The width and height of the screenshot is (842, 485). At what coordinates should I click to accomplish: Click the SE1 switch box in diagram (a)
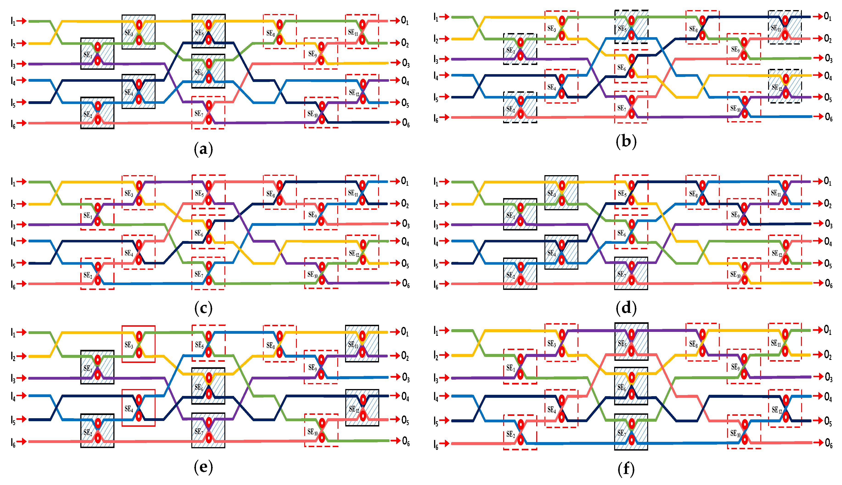tap(97, 54)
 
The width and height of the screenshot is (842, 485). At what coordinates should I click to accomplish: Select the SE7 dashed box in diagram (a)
tap(208, 113)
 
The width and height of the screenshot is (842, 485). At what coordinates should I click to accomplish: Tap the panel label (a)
tap(203, 149)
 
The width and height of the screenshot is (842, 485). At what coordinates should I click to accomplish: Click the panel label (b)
tap(626, 142)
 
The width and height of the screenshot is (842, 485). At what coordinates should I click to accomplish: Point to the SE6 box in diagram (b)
tap(631, 66)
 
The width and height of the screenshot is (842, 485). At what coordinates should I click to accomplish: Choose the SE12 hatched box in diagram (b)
tap(785, 86)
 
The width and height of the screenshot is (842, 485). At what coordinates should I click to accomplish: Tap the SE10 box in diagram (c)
tap(321, 273)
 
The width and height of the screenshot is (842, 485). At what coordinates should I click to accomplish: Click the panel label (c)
tap(203, 308)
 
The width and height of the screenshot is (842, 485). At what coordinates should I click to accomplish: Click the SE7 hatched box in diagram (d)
tap(631, 273)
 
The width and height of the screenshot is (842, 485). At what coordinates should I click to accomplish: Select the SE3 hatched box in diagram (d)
tap(561, 193)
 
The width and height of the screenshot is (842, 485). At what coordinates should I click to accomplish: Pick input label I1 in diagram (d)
tap(436, 182)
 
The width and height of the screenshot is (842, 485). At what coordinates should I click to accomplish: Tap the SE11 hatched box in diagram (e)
tap(362, 343)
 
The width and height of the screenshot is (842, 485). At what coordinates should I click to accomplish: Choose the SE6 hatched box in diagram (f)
tap(631, 386)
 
